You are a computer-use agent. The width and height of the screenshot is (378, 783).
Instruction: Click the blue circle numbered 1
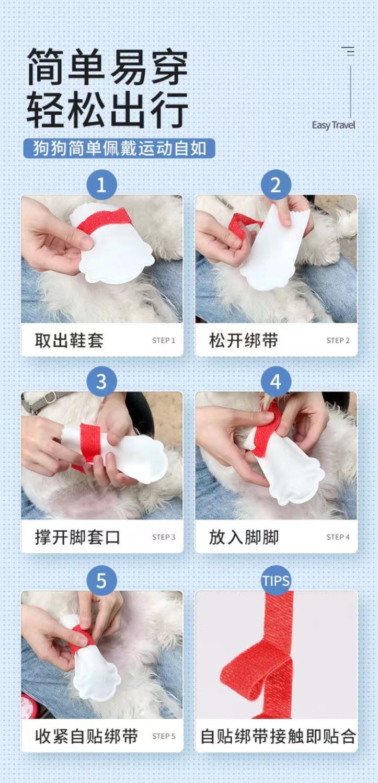101,185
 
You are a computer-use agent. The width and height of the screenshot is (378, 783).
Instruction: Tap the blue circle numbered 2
276,185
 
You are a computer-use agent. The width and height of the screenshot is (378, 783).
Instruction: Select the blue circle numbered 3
101,382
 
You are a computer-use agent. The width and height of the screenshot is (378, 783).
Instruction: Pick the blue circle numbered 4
276,382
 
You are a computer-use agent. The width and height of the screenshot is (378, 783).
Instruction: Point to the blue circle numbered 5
101,581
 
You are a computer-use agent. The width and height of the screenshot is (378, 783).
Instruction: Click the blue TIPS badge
276,581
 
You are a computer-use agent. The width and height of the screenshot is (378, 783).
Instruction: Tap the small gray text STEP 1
163,340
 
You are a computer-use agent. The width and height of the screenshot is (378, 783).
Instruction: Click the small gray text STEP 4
338,537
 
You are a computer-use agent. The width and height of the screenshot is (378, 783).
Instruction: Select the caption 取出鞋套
69,340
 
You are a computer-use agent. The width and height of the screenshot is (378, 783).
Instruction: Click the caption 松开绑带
244,340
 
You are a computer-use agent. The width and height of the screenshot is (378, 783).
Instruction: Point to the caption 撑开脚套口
77,537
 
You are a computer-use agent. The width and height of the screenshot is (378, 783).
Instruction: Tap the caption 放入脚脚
244,537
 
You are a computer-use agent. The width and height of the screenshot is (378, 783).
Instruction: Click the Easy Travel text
333,125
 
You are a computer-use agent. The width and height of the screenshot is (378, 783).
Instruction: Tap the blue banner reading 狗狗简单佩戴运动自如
119,148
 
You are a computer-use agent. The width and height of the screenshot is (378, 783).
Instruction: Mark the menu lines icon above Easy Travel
348,51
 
